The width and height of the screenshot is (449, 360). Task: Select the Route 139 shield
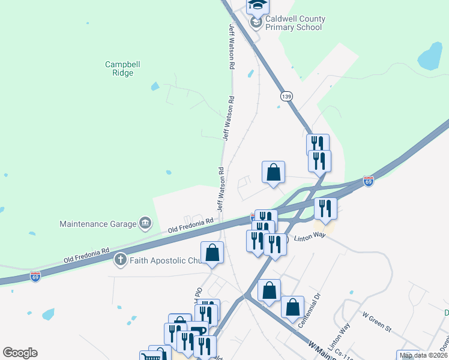(x=286, y=96)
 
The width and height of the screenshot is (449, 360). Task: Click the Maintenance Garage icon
(x=145, y=224)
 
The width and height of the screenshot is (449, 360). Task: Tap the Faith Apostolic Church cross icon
(x=119, y=260)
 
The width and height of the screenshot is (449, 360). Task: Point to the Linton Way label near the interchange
(x=310, y=235)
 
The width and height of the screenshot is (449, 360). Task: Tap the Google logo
(x=20, y=353)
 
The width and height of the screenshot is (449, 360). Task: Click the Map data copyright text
(x=424, y=355)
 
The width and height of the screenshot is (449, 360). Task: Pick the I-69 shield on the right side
(x=368, y=181)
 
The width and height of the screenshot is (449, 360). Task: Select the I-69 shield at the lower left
(x=35, y=277)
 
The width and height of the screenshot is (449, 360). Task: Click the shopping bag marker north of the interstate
(x=273, y=173)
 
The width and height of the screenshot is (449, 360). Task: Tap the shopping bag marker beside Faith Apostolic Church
(x=212, y=253)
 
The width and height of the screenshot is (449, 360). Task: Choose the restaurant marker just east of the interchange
(x=325, y=208)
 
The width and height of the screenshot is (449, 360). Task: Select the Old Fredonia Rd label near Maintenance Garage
(x=191, y=225)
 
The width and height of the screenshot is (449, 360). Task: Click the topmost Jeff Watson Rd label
(x=231, y=47)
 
